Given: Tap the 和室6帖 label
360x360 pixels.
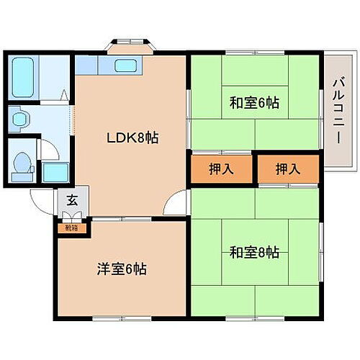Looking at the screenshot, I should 254,103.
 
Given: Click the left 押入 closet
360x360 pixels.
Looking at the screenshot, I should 221,170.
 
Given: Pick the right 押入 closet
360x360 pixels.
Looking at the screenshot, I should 287,170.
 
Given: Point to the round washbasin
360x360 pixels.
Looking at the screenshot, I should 20,117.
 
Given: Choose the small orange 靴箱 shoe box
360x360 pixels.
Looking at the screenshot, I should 72,228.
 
